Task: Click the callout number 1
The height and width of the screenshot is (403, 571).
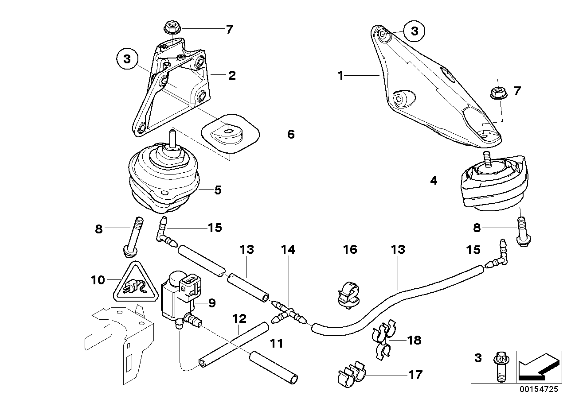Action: [340, 76]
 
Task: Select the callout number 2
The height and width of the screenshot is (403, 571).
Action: [231, 75]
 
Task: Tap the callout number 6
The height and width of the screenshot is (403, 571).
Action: [290, 134]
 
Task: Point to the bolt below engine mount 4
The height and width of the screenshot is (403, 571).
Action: [522, 233]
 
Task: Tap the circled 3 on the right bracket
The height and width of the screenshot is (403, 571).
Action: [414, 31]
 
